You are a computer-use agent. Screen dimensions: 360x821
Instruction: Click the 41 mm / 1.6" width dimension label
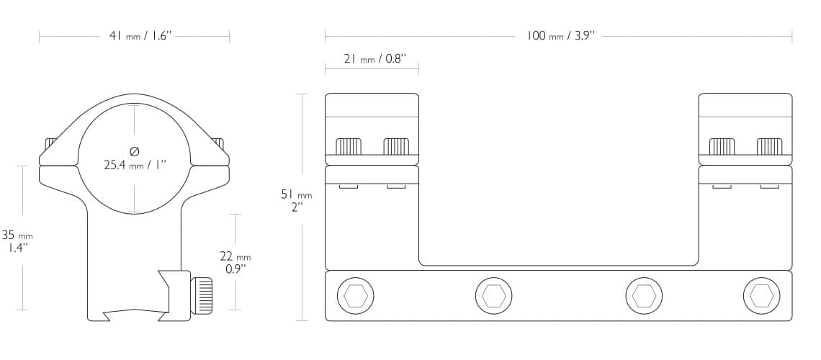point(138,35)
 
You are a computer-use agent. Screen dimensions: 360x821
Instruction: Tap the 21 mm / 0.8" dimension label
point(374,59)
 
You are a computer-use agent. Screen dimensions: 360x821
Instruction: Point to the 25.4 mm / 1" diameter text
point(135,164)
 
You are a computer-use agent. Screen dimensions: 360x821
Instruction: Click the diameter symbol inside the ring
point(134,150)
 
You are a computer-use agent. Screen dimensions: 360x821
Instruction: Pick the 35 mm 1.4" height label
point(17,241)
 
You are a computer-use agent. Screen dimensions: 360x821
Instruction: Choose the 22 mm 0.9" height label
point(235,263)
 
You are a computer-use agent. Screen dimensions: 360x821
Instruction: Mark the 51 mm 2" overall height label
point(296,199)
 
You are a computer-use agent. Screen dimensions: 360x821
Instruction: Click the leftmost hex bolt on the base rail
point(356,295)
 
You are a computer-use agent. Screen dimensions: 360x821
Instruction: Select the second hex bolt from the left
point(494,295)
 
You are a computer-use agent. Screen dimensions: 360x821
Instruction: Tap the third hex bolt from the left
point(644,295)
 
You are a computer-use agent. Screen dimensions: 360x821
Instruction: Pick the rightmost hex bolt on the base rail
point(761,295)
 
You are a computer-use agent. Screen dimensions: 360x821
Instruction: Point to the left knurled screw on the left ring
point(349,146)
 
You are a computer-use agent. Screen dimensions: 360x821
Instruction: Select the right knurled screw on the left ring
point(396,146)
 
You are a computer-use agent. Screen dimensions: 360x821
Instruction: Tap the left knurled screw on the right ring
point(722,146)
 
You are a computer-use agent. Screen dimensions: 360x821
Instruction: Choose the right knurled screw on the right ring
point(769,146)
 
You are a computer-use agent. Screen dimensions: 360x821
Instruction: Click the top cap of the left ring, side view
point(372,105)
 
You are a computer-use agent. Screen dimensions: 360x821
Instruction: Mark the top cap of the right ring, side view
point(745,105)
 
